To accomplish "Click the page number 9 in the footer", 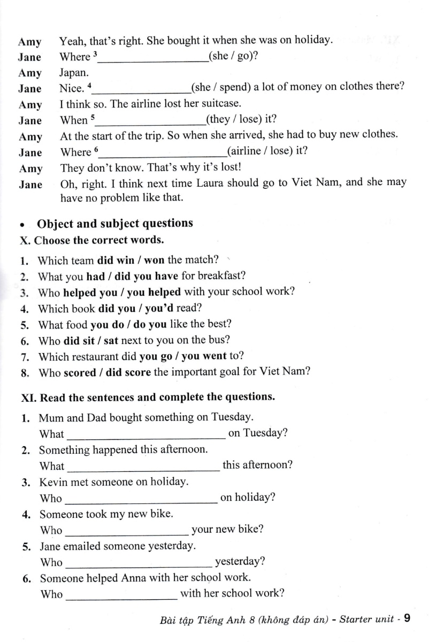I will (x=407, y=619).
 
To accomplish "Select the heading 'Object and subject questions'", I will (x=114, y=224).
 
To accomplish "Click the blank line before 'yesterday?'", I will (x=139, y=563).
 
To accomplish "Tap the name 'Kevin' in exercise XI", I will (x=53, y=482).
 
